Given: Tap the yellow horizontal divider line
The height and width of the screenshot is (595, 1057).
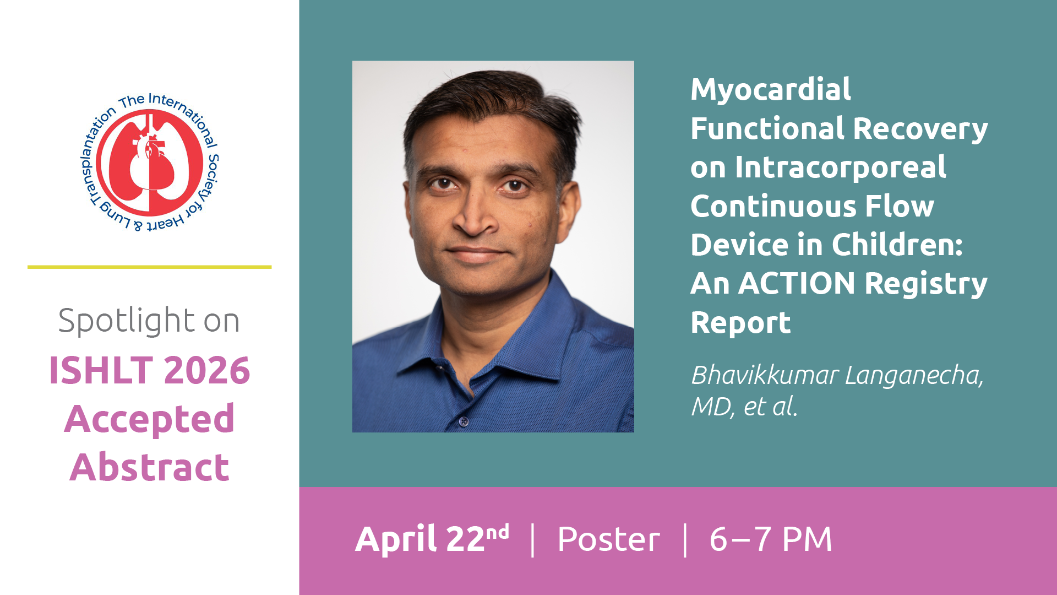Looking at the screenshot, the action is point(149,267).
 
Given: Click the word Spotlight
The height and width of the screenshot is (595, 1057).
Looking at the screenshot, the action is point(126,321).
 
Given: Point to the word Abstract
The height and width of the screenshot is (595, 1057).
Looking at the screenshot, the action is point(150,467).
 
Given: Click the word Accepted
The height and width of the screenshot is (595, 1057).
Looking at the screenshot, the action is point(150,419).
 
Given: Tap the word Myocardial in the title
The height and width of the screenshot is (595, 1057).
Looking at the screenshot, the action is point(771,89).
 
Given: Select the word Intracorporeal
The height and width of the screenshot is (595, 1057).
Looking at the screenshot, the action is point(841,168).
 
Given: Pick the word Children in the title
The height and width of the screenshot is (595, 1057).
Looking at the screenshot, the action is point(897,245).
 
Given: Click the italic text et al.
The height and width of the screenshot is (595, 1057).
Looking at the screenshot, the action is point(771,407).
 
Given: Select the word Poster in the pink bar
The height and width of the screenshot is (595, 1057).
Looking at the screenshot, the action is point(608,539).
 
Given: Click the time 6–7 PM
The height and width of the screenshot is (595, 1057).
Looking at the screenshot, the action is point(771,539).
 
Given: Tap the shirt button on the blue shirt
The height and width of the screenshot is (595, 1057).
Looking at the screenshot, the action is point(464,421).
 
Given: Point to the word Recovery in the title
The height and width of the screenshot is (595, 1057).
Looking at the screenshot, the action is point(920,129).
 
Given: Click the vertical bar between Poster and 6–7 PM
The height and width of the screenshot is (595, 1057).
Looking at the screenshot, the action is point(685,540).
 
